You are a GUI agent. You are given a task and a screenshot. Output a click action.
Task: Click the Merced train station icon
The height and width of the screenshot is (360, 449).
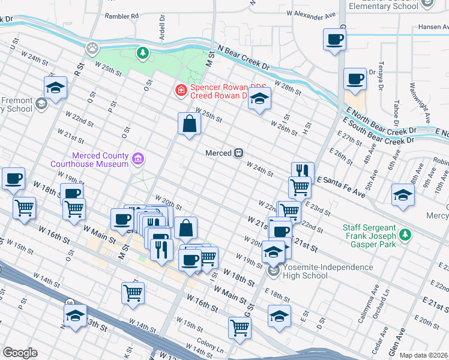pos(238,153)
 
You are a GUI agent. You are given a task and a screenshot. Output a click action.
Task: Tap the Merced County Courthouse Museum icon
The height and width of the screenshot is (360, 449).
pos(139,159)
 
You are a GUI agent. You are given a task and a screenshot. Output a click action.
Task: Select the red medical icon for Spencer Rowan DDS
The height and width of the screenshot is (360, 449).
pos(179,91)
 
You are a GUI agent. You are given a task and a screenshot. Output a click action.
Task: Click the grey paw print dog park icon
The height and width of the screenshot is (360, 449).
pos(92,47)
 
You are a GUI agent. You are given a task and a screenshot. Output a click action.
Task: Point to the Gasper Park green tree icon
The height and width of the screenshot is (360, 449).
pos(406,233)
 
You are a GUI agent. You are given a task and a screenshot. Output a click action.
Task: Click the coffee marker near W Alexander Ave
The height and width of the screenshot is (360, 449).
pos(334,40)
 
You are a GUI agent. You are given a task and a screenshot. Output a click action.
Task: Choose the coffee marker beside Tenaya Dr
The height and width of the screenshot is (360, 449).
pos(355,79)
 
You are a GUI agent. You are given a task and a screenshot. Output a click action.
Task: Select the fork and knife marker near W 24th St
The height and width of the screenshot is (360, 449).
pos(303,171)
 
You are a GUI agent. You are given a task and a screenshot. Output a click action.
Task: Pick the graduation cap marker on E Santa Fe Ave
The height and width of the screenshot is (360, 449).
pos(403,195)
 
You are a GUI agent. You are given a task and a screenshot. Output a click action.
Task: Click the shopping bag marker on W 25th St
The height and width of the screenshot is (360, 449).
pos(189,124)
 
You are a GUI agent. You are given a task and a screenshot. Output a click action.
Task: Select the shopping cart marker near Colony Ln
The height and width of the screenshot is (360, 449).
pos(240,328)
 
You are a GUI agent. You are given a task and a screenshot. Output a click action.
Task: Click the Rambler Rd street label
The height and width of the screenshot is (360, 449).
pos(121,16)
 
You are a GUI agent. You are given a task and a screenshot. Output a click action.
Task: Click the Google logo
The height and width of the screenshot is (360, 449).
pos(20,353)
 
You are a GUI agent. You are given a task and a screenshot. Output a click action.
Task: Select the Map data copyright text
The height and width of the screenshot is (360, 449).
pos(424,355)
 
